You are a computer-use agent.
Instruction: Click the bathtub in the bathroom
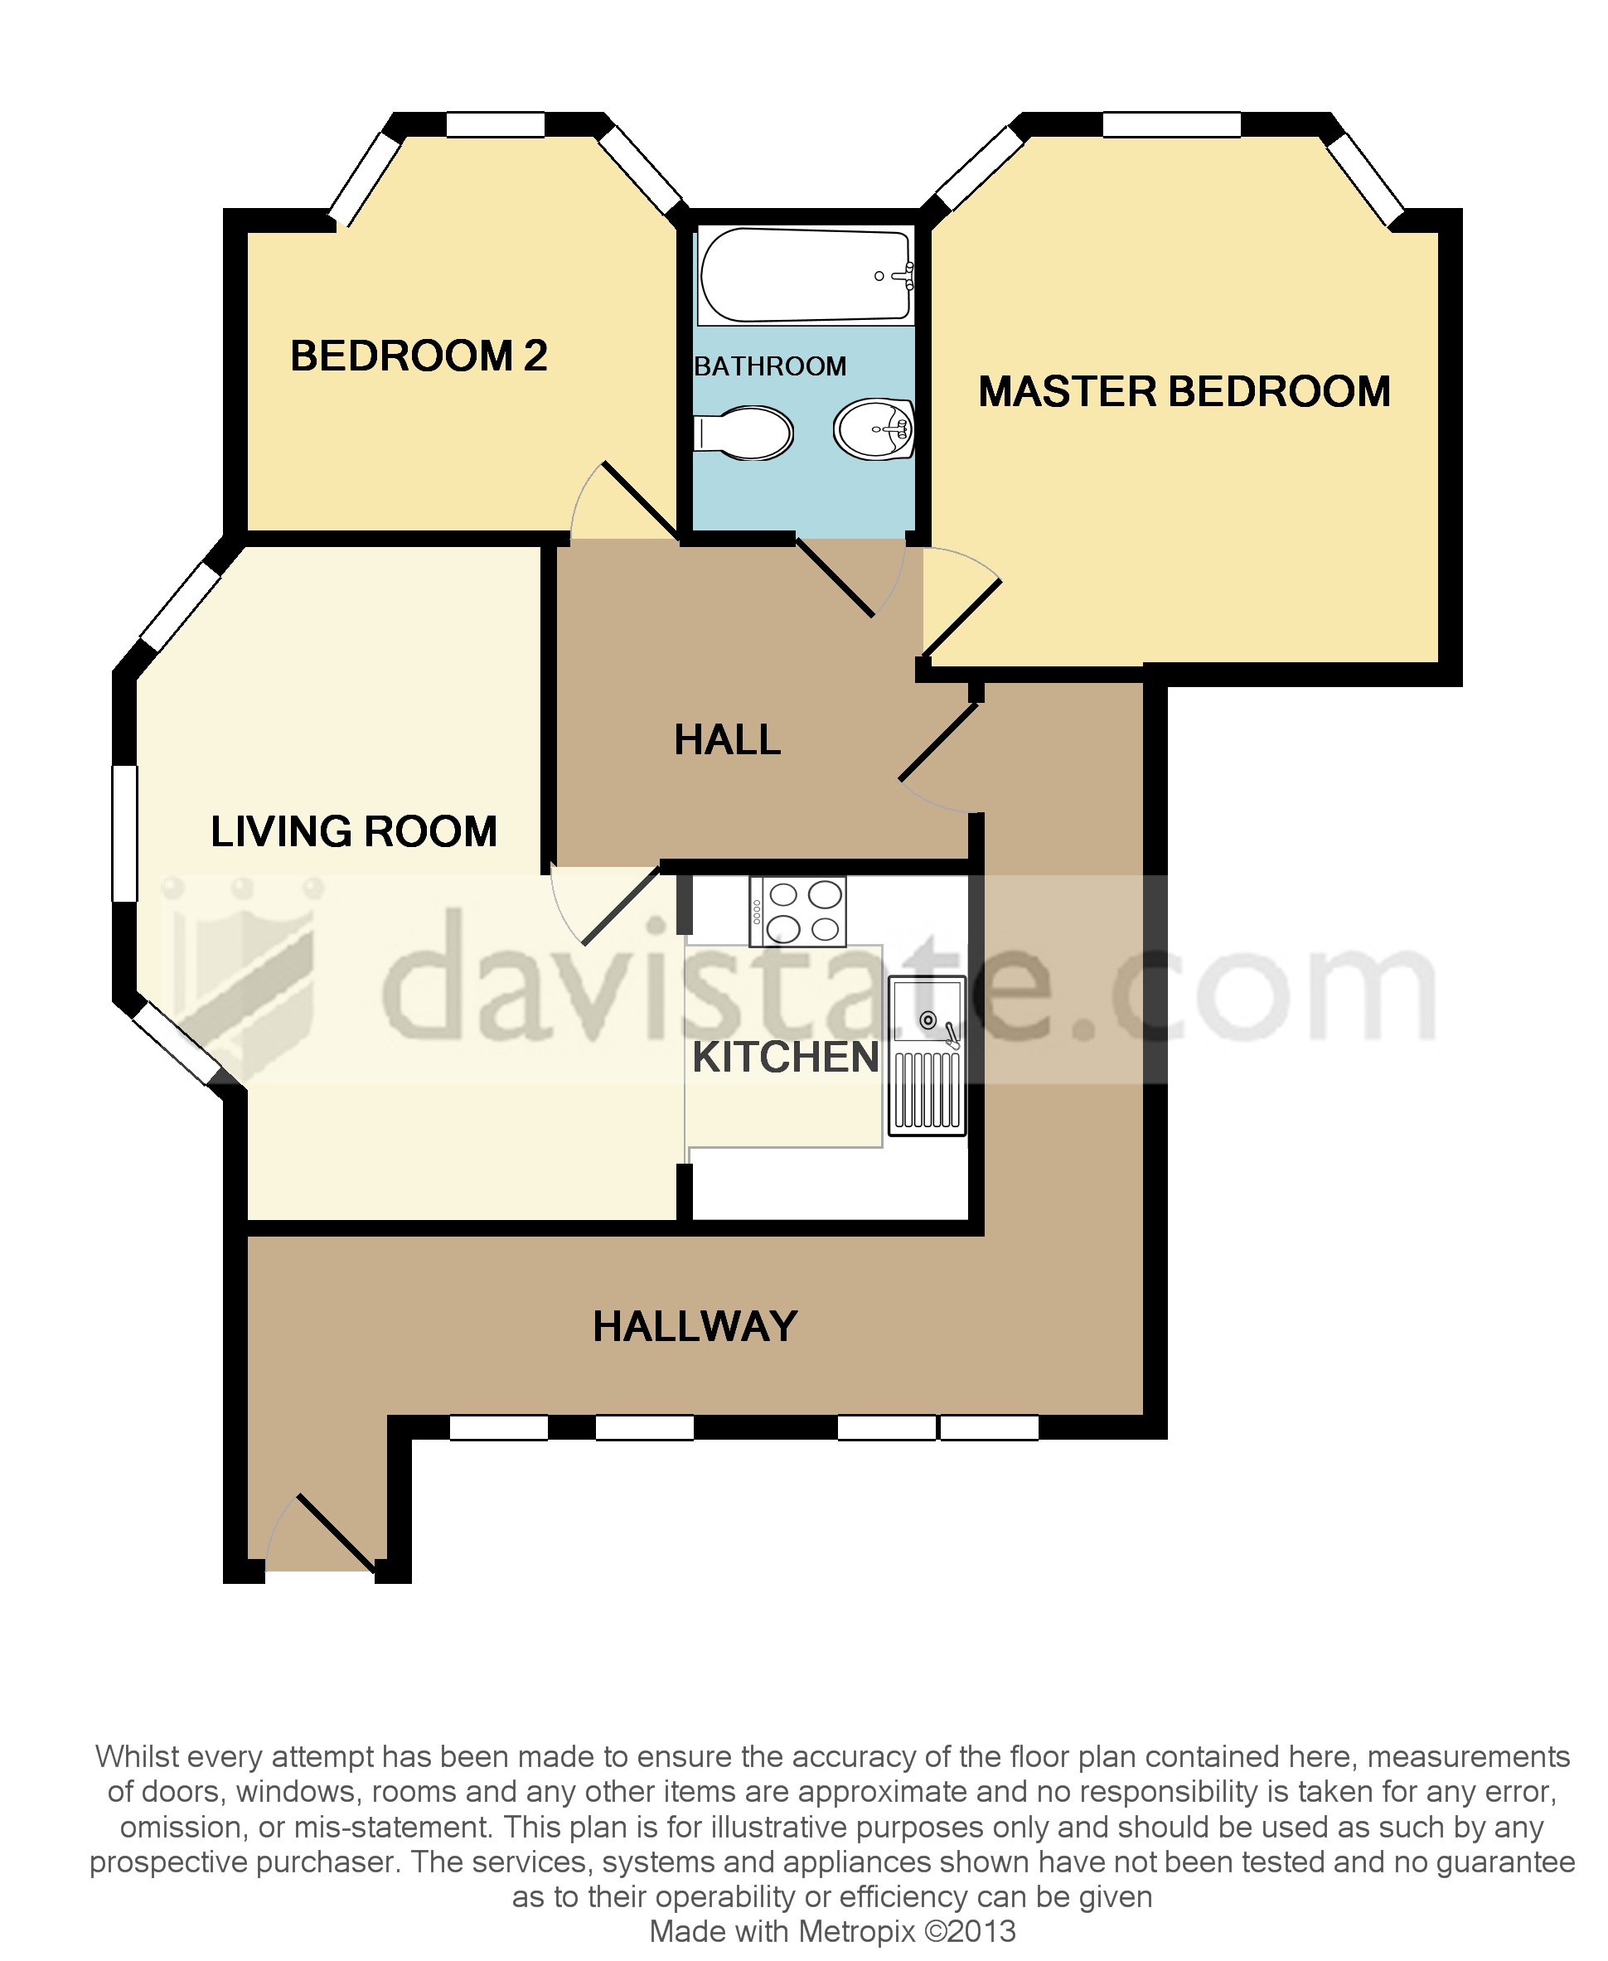pyautogui.click(x=804, y=276)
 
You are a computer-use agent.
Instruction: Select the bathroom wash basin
pyautogui.click(x=874, y=429)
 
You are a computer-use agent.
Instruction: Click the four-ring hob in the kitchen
pyautogui.click(x=797, y=912)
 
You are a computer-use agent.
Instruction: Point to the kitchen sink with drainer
pyautogui.click(x=927, y=1055)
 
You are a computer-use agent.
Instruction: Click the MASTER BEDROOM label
pyautogui.click(x=1184, y=392)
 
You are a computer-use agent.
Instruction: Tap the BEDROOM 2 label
pyautogui.click(x=419, y=356)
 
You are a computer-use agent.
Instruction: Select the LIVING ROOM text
pyautogui.click(x=354, y=831)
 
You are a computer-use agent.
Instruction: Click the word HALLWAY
pyautogui.click(x=695, y=1326)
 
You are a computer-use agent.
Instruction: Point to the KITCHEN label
pyautogui.click(x=786, y=1057)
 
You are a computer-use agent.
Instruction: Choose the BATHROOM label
pyautogui.click(x=770, y=367)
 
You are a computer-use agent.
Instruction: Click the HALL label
pyautogui.click(x=727, y=740)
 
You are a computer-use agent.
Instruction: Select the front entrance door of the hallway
pyautogui.click(x=336, y=1533)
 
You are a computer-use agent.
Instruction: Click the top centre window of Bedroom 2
pyautogui.click(x=496, y=124)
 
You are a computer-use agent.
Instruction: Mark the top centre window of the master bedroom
pyautogui.click(x=1171, y=124)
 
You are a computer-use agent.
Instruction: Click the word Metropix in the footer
pyautogui.click(x=856, y=1931)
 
